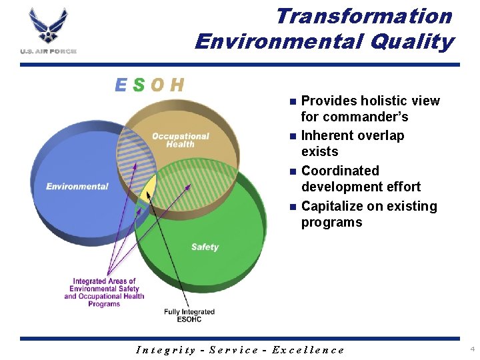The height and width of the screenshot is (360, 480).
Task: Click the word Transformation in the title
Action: [363, 15]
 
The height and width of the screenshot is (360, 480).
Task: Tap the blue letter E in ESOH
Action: [121, 85]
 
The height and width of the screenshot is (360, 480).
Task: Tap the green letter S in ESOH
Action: [139, 85]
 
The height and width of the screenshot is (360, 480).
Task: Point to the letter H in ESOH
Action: [177, 85]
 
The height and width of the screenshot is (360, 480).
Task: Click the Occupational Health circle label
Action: [180, 140]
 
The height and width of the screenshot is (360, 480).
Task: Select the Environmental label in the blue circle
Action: [77, 187]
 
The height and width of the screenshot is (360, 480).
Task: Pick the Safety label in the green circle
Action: [205, 247]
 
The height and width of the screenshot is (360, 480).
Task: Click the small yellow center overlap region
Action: [149, 189]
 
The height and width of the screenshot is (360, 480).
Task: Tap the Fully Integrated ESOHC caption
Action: [189, 315]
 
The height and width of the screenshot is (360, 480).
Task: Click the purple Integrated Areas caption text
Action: [104, 293]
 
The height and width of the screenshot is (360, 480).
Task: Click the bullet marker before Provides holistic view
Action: [291, 102]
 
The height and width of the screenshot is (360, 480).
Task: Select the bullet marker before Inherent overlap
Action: [291, 137]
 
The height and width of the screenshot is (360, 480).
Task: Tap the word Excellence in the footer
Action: [312, 350]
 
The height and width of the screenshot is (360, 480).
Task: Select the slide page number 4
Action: [472, 349]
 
